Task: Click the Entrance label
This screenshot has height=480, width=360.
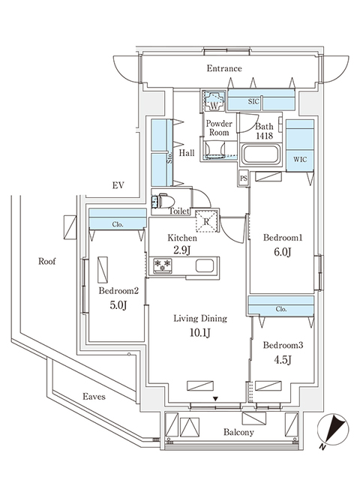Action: point(224,69)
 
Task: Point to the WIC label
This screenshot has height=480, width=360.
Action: point(298,159)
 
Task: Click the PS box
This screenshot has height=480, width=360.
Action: point(243,178)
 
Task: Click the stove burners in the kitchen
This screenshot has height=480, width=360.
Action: point(163,265)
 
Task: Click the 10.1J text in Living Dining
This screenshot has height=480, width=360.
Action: point(199,332)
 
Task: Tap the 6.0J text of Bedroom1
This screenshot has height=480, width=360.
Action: point(281,252)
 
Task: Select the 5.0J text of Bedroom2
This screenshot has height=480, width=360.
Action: point(118,305)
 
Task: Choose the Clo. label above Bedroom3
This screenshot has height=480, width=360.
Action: point(280,308)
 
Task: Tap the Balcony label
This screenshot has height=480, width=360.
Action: point(238,433)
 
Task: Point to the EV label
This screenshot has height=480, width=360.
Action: point(118,185)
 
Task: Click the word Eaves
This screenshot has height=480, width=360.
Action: point(94,396)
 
